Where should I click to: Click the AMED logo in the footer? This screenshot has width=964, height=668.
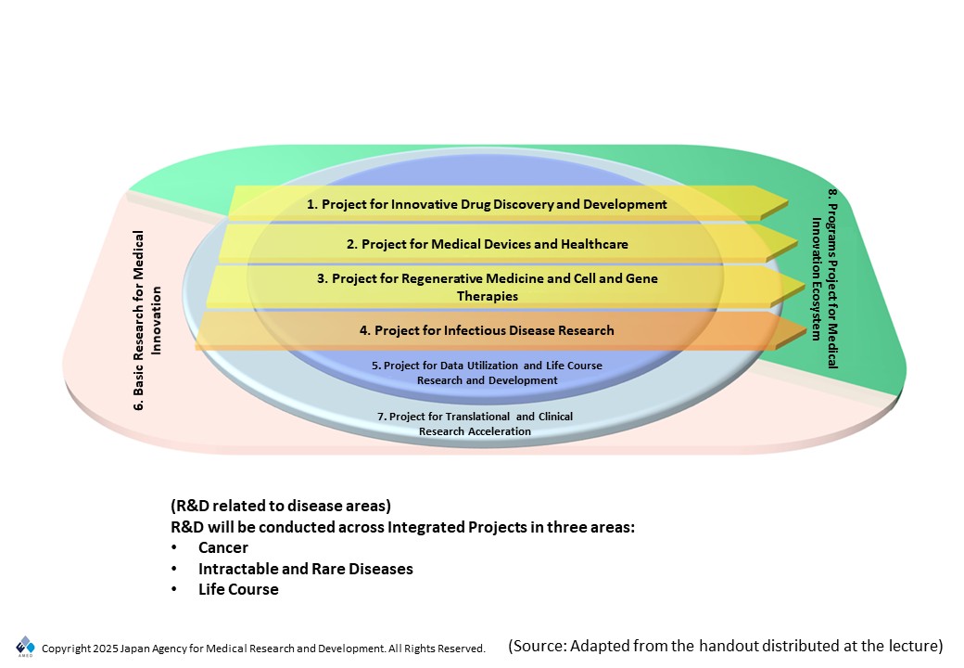[25, 647]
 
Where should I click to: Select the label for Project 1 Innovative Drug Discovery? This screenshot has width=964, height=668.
[487, 204]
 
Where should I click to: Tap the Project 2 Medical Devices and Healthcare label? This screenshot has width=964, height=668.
[487, 244]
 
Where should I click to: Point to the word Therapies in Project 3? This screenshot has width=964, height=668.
[487, 296]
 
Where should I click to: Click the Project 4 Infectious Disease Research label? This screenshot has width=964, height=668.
[487, 330]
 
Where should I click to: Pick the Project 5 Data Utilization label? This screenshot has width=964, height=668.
[487, 373]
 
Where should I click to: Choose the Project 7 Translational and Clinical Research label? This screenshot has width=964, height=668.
[475, 424]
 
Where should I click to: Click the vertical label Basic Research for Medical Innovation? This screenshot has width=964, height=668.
[147, 320]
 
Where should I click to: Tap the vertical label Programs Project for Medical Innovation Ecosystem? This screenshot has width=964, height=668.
[824, 278]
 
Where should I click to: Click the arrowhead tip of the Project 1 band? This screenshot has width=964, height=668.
[788, 201]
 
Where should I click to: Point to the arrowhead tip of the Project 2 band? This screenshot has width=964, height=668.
[797, 242]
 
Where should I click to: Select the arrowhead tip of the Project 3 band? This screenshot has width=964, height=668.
[805, 287]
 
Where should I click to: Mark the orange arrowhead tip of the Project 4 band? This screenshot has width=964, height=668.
[806, 332]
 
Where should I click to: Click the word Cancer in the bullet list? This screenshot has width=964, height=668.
[223, 547]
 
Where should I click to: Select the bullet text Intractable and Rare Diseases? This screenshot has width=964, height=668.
[306, 569]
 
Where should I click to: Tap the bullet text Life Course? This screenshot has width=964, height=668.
[238, 589]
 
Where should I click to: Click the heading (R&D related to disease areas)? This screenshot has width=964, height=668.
[281, 506]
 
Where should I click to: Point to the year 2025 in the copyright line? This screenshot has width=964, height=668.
[105, 649]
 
